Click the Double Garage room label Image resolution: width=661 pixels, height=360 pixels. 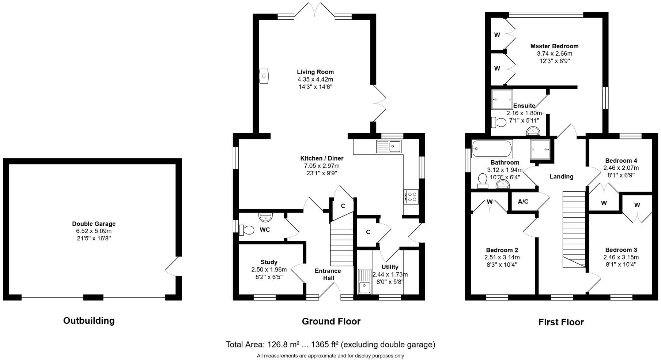point(94,224)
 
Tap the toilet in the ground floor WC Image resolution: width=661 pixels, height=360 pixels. point(247,230)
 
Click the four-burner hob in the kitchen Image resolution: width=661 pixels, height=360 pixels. point(411,197)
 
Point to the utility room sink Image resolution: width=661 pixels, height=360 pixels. point(365,282)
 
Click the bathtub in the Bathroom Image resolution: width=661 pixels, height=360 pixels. point(492,149)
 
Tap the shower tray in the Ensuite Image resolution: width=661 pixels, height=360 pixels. point(502,100)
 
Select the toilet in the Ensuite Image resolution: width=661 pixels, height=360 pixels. point(499,122)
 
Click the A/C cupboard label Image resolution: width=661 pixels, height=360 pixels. point(523,202)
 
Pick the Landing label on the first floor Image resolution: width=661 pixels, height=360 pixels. point(561,176)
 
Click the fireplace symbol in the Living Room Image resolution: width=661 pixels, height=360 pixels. point(264,76)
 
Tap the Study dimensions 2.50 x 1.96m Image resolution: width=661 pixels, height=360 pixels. point(269,270)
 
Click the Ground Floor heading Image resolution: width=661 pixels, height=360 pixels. point(331,321)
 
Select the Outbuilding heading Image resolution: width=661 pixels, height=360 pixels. point(89,320)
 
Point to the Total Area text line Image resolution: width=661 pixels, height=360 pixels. point(330,344)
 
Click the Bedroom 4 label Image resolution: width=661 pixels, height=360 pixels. point(621,161)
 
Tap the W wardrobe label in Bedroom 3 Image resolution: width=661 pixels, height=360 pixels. point(637,205)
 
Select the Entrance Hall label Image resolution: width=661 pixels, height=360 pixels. point(328,274)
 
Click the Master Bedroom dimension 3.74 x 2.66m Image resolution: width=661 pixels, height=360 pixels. point(554,53)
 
